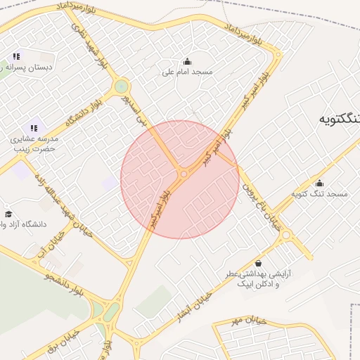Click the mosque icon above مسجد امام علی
(187, 60)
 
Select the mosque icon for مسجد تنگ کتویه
(320, 183)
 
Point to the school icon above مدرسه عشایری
(34, 128)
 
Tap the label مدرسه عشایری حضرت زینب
(34, 144)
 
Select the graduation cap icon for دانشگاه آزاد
(8, 214)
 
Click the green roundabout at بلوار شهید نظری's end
(122, 86)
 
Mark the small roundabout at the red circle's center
(184, 174)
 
